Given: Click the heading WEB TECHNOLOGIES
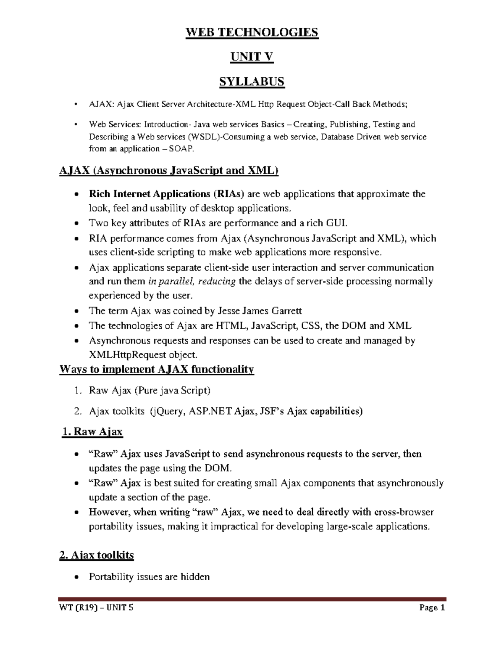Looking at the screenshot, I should (x=252, y=32).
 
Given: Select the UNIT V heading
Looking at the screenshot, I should (x=252, y=57).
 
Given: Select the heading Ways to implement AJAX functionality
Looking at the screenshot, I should (x=157, y=370).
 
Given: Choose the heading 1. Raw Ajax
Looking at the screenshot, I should (x=92, y=432).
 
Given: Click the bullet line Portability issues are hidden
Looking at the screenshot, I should (x=149, y=577).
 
